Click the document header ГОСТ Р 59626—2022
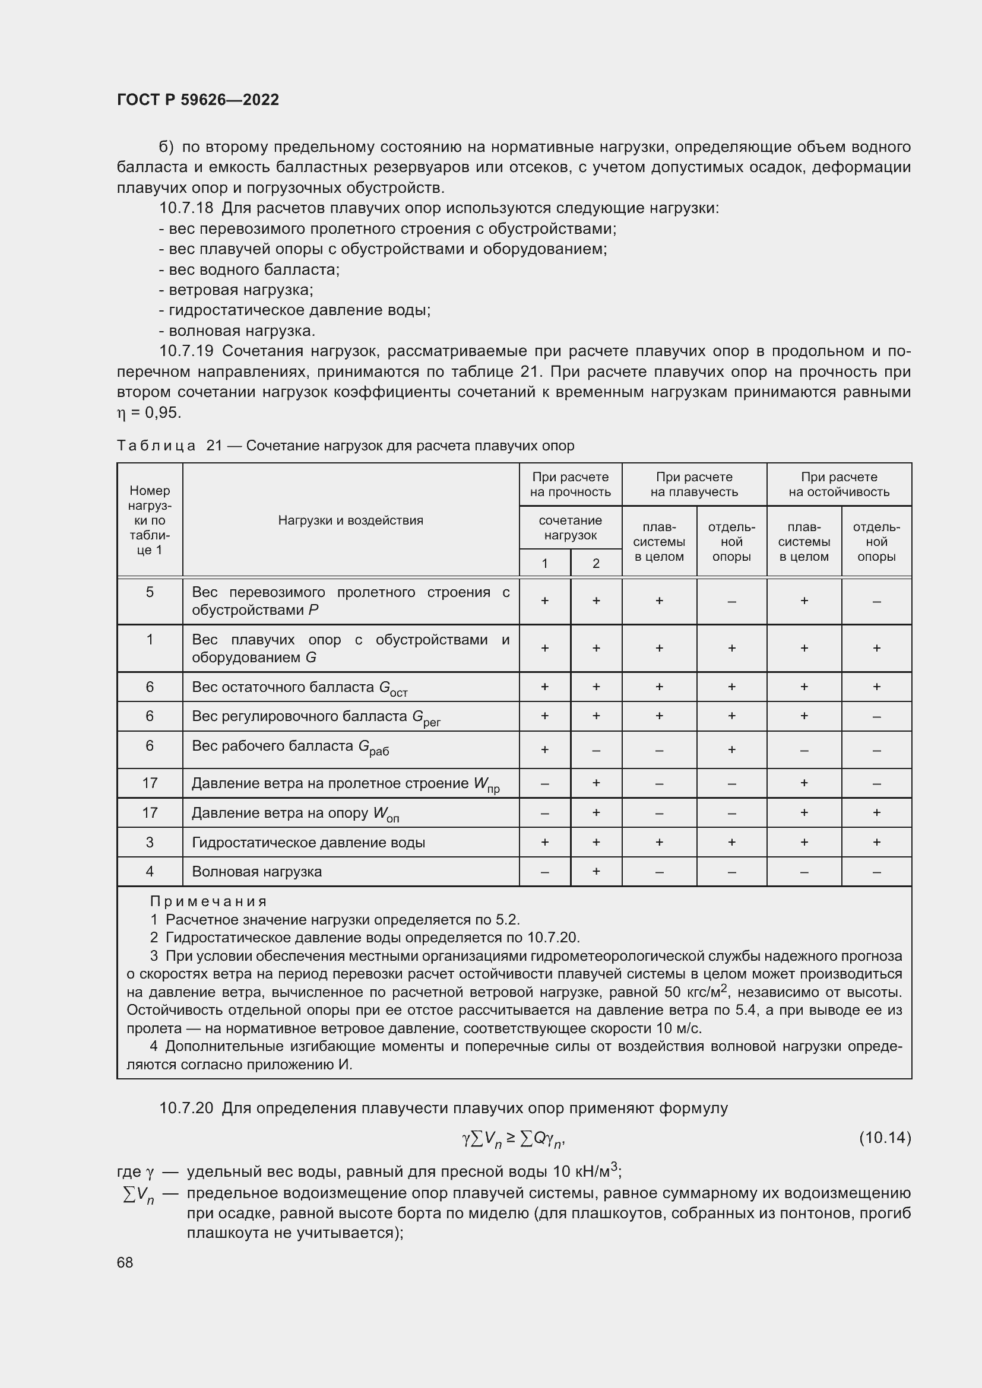pos(198,100)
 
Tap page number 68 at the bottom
pos(125,1262)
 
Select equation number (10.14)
pos(885,1138)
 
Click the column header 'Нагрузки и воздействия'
pos(350,520)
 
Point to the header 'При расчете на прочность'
pos(570,484)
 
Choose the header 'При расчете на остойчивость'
pos(839,484)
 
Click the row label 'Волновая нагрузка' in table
pos(256,872)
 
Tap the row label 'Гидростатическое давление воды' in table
pos(308,842)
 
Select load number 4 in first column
pos(150,871)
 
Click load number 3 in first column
pos(150,842)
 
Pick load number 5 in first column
pos(150,592)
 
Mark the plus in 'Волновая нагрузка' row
pos(595,871)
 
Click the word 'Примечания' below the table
pos(208,901)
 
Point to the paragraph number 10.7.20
pos(186,1108)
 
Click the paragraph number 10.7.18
pos(186,208)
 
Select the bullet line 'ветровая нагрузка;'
pos(240,290)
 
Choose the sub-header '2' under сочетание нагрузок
pos(595,563)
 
